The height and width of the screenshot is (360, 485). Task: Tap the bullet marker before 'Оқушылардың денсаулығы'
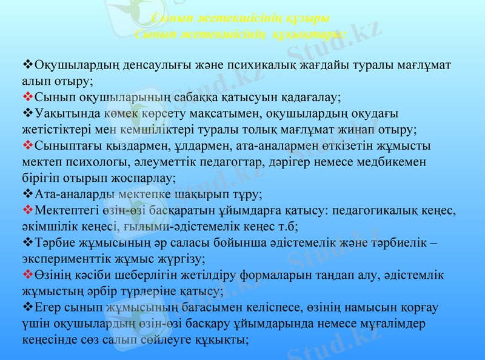pos(27,64)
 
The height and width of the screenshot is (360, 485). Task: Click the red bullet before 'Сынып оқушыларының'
pos(27,96)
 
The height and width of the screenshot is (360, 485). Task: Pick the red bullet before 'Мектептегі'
pos(27,211)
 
